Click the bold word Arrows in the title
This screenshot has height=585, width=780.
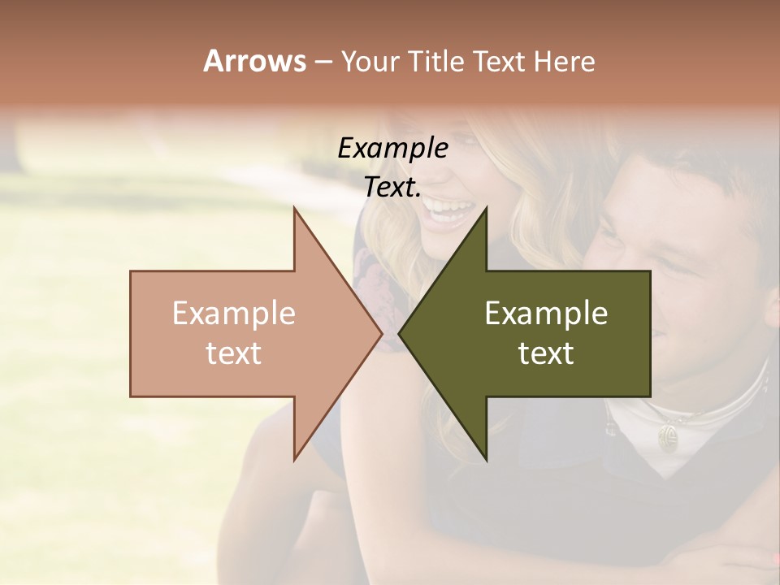pyautogui.click(x=254, y=61)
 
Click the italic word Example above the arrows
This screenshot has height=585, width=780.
pyautogui.click(x=392, y=149)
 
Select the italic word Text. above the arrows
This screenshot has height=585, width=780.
pyautogui.click(x=392, y=188)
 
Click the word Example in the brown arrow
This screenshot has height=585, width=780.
pyautogui.click(x=234, y=313)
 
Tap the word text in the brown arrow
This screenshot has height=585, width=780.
pyautogui.click(x=234, y=353)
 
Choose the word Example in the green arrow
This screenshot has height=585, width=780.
pyautogui.click(x=546, y=313)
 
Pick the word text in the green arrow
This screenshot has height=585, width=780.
pyautogui.click(x=546, y=353)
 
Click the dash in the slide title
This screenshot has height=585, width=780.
pyautogui.click(x=323, y=63)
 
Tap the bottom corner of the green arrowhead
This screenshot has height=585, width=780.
pyautogui.click(x=486, y=459)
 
